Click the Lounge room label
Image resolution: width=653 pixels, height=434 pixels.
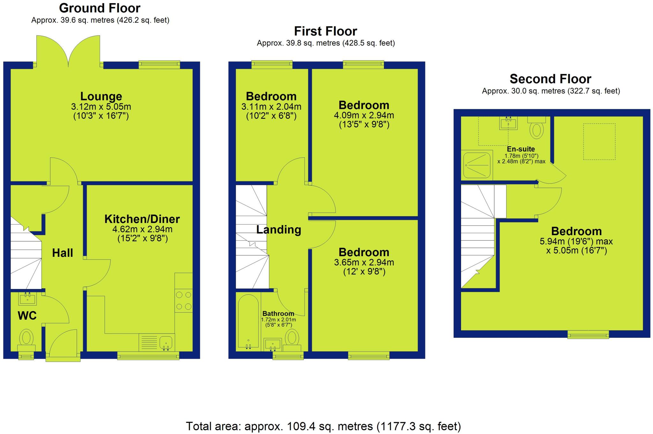point(101,96)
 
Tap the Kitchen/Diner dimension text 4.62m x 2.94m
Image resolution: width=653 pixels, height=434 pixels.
point(142,229)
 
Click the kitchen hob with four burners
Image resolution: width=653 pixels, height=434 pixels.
point(184,301)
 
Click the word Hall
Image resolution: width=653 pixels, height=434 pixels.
point(62,253)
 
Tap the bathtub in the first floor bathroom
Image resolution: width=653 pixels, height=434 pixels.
point(248,321)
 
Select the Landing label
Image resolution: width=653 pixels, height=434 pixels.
point(279,229)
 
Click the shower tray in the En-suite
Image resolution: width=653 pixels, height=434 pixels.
point(477,165)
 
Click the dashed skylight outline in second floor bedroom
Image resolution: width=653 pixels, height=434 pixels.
point(599,141)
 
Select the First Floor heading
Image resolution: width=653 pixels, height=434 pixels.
point(325,31)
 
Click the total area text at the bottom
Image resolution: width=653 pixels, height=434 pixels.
point(323,426)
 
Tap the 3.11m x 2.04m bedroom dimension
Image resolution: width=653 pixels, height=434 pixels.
point(271,107)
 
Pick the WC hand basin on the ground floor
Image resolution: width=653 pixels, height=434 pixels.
point(28,299)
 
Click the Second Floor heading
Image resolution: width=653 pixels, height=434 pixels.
point(550,79)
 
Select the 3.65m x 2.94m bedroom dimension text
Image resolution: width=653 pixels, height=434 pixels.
point(364,263)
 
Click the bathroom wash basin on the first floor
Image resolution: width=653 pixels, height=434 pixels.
point(273,344)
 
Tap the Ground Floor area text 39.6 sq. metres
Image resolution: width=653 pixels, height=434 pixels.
point(100,20)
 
